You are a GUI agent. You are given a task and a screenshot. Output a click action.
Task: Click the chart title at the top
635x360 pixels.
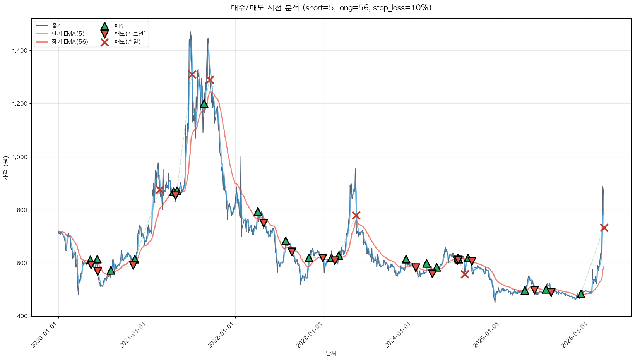pyautogui.click(x=331, y=8)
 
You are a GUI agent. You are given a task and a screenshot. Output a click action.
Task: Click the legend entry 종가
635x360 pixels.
pyautogui.click(x=57, y=26)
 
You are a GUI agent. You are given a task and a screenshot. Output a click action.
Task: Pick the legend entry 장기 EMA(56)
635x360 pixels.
pyautogui.click(x=70, y=42)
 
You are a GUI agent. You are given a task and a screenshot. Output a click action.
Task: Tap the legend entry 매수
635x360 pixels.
pyautogui.click(x=120, y=26)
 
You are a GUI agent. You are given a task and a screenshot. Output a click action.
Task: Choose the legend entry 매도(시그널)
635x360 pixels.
pyautogui.click(x=130, y=34)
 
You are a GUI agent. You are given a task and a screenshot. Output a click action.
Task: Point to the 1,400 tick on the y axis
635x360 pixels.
pyautogui.click(x=20, y=51)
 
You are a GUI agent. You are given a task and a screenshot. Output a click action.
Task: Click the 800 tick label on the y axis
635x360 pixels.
pyautogui.click(x=23, y=210)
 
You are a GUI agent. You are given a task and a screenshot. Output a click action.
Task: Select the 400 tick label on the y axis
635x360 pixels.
pyautogui.click(x=23, y=316)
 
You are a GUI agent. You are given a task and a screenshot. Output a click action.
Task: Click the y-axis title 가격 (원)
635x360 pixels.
pyautogui.click(x=5, y=168)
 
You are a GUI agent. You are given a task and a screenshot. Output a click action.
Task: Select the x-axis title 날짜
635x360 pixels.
pyautogui.click(x=331, y=353)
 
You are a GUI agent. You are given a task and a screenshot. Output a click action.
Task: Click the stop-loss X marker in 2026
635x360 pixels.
pyautogui.click(x=604, y=228)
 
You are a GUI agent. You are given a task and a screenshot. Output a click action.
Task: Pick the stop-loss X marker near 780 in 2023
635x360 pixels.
pyautogui.click(x=356, y=215)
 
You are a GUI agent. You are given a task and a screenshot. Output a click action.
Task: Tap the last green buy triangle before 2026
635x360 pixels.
pyautogui.click(x=581, y=294)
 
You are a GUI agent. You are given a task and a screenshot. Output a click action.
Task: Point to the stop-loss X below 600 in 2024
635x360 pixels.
pyautogui.click(x=465, y=274)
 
